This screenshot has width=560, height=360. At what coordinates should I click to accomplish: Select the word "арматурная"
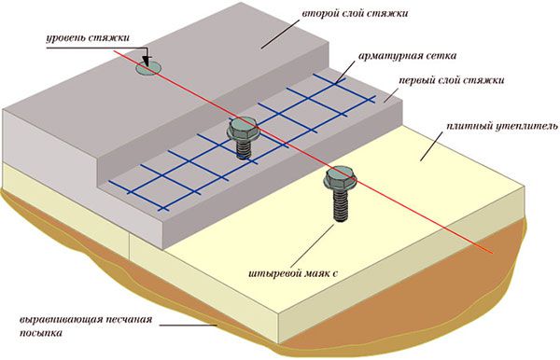coord(385,56)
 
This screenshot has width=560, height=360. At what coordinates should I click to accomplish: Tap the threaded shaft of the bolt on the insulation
coord(338,207)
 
